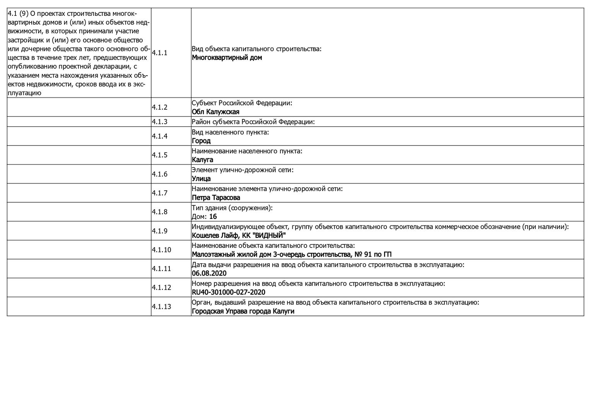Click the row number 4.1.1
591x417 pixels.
point(159,53)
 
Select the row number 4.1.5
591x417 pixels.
point(159,155)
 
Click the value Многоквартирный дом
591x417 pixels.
point(227,58)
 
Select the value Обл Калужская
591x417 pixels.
point(215,112)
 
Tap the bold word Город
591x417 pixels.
point(201,141)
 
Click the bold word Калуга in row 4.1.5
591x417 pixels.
point(202,160)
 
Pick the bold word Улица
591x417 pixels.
point(201,179)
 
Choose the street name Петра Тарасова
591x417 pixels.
point(216,198)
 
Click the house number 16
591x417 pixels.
point(213,217)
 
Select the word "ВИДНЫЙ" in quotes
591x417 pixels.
point(270,236)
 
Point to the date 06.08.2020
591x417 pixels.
point(209,273)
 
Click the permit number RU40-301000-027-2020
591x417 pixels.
point(228,292)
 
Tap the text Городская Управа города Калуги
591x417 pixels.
point(243,311)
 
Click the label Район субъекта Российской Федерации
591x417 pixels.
point(253,122)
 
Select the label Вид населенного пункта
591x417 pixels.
point(230,132)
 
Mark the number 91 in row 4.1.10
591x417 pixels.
point(367,254)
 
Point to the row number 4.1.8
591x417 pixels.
point(159,212)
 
